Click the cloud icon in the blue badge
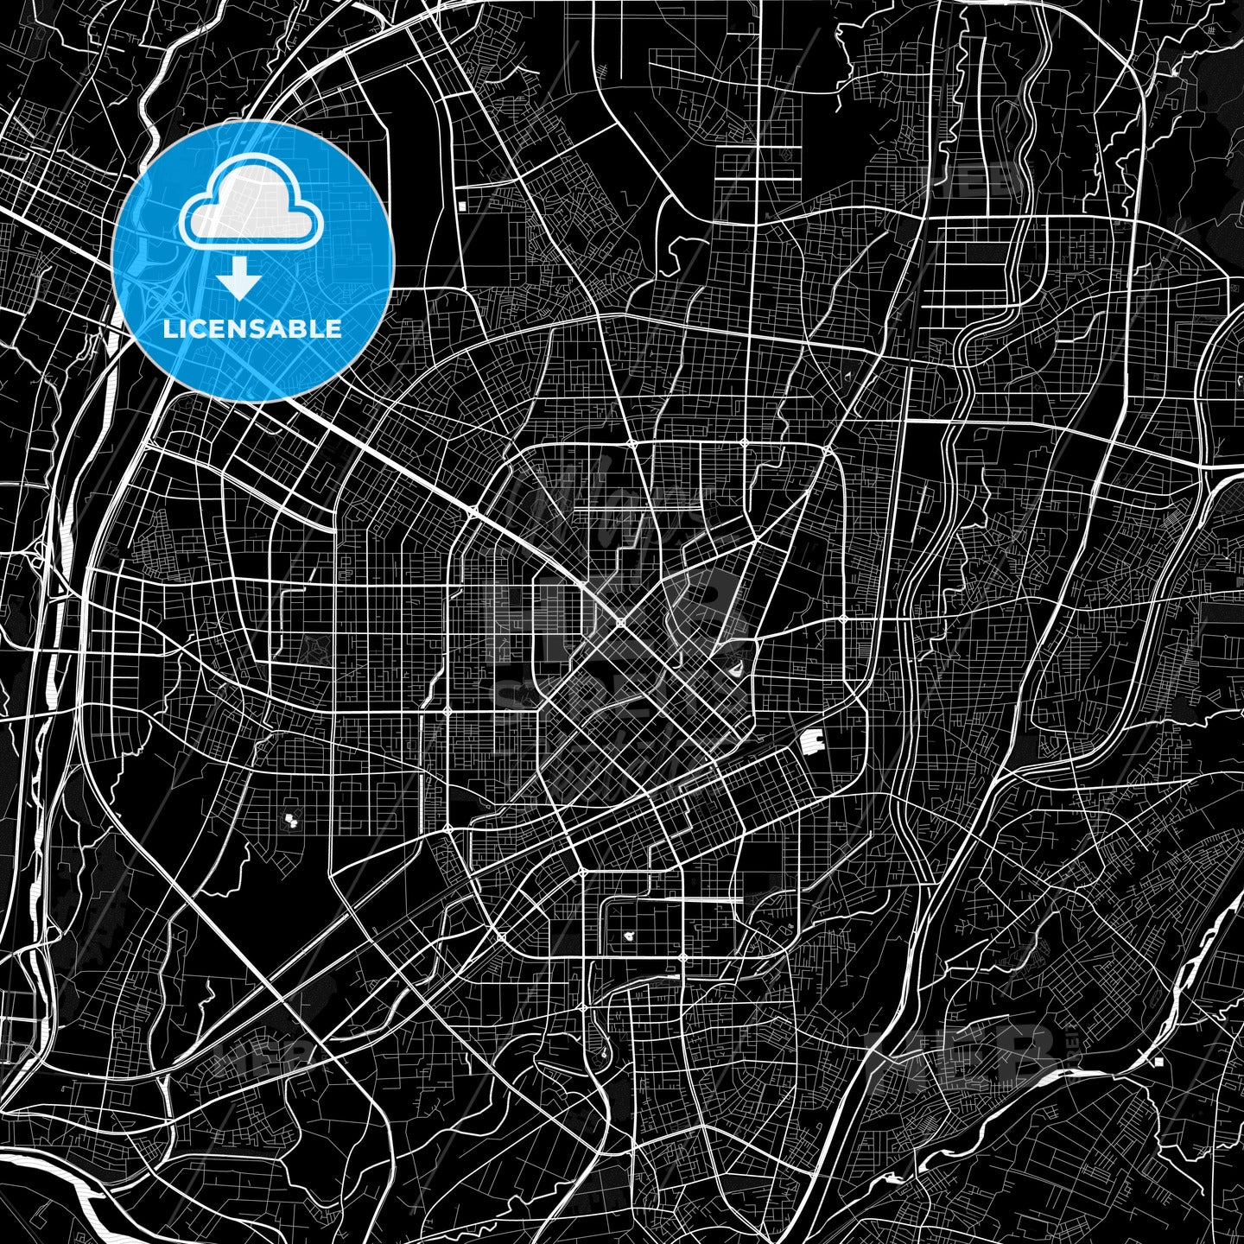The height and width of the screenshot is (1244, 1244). (x=251, y=206)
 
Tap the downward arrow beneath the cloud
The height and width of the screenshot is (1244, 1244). (x=239, y=280)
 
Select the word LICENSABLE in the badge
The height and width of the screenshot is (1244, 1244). (x=252, y=329)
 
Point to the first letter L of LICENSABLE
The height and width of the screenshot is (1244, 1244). (x=169, y=329)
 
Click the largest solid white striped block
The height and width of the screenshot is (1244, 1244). (x=811, y=740)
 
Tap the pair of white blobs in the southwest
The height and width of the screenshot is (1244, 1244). (x=290, y=817)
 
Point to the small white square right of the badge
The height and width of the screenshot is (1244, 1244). (x=463, y=206)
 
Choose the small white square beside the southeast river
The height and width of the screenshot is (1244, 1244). (x=1158, y=1060)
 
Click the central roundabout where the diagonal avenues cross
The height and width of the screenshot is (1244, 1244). (x=620, y=621)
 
